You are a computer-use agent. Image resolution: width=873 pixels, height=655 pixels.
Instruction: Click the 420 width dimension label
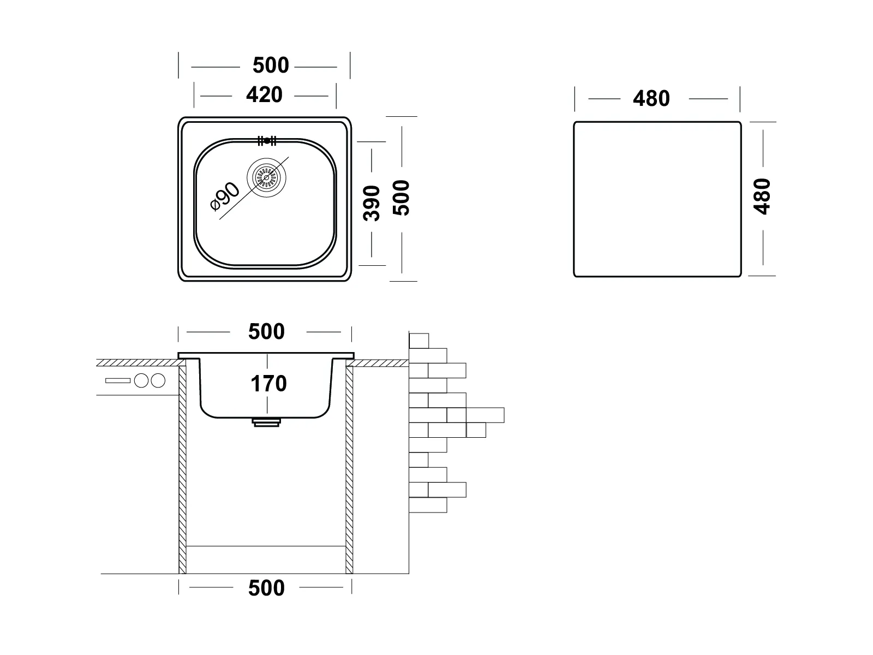click(264, 95)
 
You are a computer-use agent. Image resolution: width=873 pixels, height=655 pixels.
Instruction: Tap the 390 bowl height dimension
click(372, 203)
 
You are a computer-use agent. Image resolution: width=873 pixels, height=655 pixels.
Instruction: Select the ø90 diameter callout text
click(225, 196)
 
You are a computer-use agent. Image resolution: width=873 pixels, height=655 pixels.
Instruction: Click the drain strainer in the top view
click(266, 177)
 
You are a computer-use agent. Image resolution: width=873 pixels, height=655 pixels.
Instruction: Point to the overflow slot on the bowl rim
click(267, 141)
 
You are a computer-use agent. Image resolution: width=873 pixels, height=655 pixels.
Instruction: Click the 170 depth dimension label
click(268, 384)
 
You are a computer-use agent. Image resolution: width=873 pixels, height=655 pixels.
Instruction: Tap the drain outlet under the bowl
click(266, 422)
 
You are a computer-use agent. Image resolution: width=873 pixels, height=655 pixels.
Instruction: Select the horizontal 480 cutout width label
click(651, 99)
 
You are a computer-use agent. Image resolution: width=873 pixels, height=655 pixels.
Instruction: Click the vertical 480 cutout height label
click(762, 196)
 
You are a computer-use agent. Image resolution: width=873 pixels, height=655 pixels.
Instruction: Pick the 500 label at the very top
click(271, 65)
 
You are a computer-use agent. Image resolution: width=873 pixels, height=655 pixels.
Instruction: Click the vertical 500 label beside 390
click(402, 198)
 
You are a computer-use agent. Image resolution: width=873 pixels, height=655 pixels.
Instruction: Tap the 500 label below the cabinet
click(266, 588)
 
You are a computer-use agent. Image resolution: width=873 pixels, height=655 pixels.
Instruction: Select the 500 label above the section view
click(266, 332)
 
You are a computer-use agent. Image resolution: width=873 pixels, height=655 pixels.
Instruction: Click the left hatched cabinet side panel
click(183, 469)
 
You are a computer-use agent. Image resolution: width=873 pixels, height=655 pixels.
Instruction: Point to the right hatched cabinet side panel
click(349, 469)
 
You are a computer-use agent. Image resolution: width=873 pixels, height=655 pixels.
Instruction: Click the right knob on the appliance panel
click(158, 380)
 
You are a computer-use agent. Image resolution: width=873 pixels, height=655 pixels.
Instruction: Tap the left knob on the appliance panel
click(142, 380)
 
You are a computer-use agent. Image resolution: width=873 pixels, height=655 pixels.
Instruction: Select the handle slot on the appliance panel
click(118, 380)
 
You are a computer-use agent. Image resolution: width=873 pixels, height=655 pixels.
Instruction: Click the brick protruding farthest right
click(485, 415)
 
